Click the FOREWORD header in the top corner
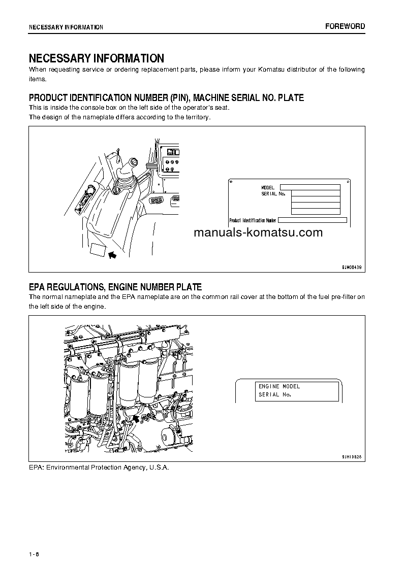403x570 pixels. click(x=345, y=26)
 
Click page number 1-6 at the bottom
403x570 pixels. click(x=34, y=553)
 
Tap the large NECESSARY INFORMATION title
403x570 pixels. click(x=97, y=58)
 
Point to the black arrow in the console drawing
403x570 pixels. click(x=112, y=254)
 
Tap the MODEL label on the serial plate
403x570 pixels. click(x=268, y=188)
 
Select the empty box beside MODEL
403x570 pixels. click(x=309, y=187)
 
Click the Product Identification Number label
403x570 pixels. click(x=253, y=220)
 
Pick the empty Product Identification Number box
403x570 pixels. click(x=313, y=220)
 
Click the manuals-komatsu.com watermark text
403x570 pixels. click(x=258, y=233)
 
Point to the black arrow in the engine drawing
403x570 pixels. click(x=135, y=418)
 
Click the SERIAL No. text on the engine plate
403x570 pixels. click(x=274, y=394)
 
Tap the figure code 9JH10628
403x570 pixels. click(x=351, y=457)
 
